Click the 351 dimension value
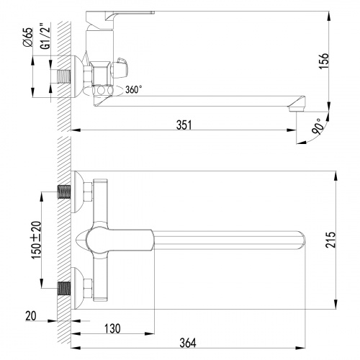click(184, 124)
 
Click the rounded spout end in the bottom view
click(302, 239)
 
